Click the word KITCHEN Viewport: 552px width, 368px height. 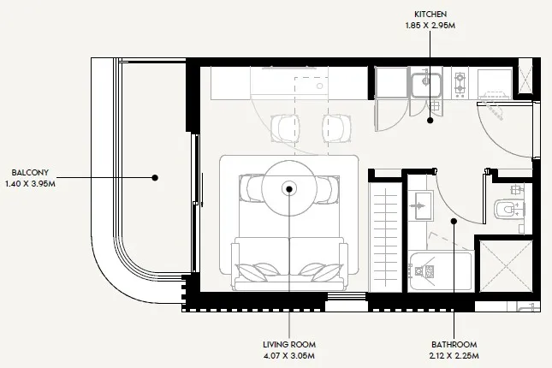430,15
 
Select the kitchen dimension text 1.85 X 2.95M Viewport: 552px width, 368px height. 430,26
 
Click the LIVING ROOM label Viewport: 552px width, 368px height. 290,343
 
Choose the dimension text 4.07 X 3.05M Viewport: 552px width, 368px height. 290,354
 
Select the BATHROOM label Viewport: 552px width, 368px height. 454,343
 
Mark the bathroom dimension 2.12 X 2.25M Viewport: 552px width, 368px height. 454,354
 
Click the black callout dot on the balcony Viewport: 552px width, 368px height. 155,178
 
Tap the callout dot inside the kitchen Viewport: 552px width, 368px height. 430,121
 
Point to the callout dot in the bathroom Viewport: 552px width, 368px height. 454,221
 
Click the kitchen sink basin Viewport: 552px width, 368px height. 424,84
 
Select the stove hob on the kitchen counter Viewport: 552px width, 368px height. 460,83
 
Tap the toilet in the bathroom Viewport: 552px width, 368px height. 508,209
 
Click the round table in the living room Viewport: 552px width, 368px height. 289,188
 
